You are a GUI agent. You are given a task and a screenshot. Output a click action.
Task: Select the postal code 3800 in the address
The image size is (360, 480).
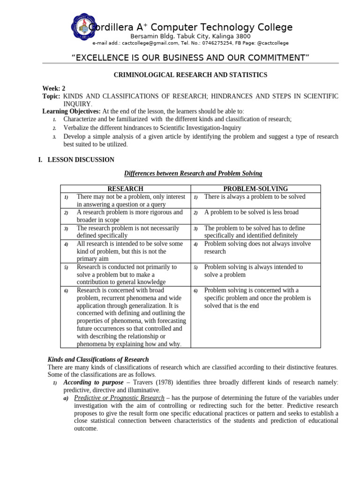click(243, 36)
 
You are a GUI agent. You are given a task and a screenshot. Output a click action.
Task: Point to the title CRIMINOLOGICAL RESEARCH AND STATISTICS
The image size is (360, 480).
click(191, 75)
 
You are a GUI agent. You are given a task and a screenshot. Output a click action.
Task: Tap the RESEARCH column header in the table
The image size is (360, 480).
click(125, 188)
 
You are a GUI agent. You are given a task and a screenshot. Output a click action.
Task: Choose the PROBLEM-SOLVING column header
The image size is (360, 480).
click(255, 188)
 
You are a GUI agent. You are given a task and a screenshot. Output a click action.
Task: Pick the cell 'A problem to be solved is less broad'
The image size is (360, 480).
click(251, 212)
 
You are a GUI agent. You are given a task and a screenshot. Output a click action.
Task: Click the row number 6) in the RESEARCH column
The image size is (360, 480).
click(67, 291)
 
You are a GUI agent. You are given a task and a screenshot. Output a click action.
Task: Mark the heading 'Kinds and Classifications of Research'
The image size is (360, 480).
click(98, 360)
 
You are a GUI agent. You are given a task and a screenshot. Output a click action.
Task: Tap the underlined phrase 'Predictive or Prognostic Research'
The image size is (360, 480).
click(119, 398)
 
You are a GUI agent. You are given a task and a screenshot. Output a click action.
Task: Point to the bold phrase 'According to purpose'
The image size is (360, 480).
click(94, 382)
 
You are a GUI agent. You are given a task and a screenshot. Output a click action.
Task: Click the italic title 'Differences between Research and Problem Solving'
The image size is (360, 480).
click(193, 174)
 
